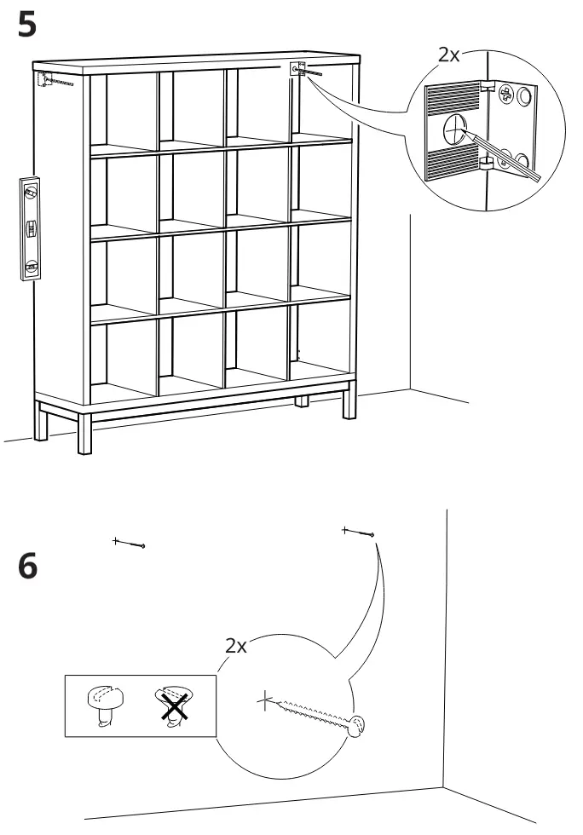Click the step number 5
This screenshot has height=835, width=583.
pyautogui.click(x=26, y=25)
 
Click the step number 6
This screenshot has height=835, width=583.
pyautogui.click(x=28, y=566)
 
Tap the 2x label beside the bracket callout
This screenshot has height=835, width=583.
pyautogui.click(x=448, y=55)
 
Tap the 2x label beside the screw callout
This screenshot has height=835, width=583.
pyautogui.click(x=235, y=646)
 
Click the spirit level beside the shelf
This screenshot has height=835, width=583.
pyautogui.click(x=31, y=228)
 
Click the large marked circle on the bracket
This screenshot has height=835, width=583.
pyautogui.click(x=454, y=129)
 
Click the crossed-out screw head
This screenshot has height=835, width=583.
pyautogui.click(x=174, y=705)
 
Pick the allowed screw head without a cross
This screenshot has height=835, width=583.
pyautogui.click(x=105, y=705)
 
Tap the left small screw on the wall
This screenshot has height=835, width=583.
pyautogui.click(x=130, y=544)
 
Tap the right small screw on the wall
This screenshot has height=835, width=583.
pyautogui.click(x=358, y=532)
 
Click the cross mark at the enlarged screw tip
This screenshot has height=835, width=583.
pyautogui.click(x=265, y=700)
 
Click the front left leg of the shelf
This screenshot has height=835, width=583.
pyautogui.click(x=84, y=433)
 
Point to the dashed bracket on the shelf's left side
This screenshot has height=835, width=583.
pyautogui.click(x=43, y=78)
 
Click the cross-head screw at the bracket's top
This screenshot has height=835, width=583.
pyautogui.click(x=505, y=95)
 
